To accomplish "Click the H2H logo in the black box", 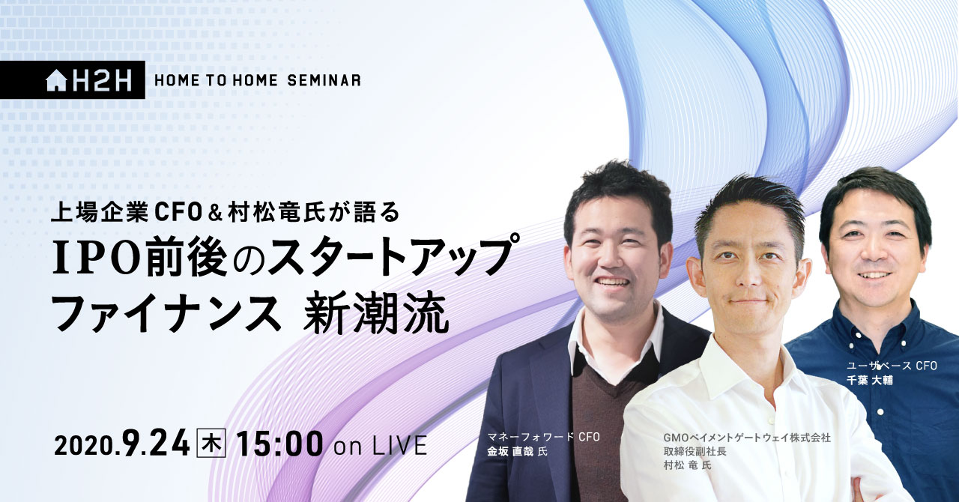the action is click(88, 80).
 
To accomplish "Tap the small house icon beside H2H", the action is click(56, 81).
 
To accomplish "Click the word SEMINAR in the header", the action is click(324, 80).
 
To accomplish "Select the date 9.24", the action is click(157, 444).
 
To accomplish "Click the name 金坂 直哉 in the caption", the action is click(510, 451).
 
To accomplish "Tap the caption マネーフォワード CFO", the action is click(543, 437).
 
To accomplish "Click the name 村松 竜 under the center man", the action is click(681, 465).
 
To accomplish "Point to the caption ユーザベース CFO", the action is click(892, 366).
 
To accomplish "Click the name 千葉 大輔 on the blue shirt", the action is click(870, 380).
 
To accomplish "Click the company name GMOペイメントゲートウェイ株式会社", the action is click(747, 438).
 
